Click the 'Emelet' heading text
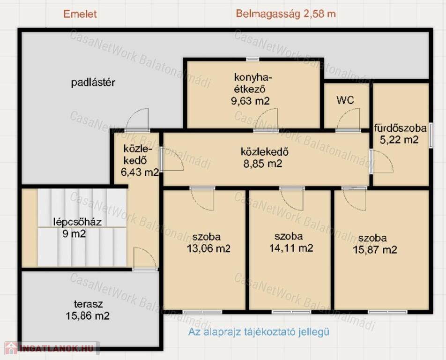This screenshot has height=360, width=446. [80, 14]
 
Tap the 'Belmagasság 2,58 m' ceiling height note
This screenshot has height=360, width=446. [286, 14]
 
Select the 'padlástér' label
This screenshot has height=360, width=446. [93, 83]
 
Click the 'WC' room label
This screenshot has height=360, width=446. [345, 100]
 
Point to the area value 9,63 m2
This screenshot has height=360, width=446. [250, 101]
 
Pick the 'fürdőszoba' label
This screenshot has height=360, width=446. [400, 128]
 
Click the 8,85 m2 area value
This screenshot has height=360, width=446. [262, 164]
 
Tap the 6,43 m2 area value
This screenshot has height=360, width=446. [140, 172]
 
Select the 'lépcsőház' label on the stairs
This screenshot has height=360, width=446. [77, 222]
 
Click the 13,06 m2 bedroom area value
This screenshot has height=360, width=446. [208, 249]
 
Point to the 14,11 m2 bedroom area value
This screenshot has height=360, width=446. [291, 248]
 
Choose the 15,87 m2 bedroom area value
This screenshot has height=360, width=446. [375, 250]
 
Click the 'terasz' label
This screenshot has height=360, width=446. [88, 304]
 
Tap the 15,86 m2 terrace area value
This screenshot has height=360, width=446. [88, 316]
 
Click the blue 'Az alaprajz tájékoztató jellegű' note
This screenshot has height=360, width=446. [259, 332]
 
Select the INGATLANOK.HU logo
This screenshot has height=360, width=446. [52, 348]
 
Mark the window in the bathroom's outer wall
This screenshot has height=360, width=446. [431, 135]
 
